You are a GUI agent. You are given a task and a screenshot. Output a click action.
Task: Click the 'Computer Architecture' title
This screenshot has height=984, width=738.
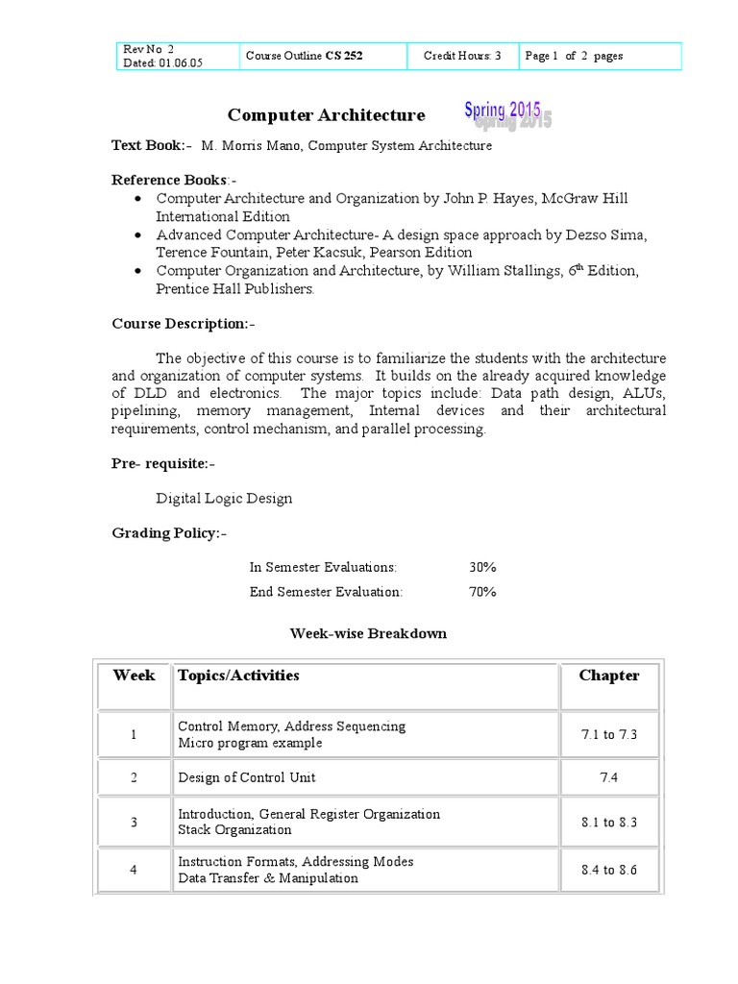click(x=326, y=115)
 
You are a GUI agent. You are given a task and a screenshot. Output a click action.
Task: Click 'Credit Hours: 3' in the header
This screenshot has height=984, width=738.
click(x=462, y=56)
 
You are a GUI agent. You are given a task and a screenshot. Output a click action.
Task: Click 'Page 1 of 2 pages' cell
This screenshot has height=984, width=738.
click(x=574, y=56)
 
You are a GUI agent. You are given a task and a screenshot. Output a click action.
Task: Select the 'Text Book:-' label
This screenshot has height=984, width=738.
click(x=151, y=145)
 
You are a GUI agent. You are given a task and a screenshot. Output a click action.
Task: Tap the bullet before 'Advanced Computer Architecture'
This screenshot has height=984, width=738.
click(x=139, y=234)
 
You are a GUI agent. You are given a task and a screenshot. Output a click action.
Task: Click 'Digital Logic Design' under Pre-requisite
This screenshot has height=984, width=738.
click(x=224, y=498)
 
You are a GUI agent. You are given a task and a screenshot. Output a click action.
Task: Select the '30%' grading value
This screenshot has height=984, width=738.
click(x=482, y=567)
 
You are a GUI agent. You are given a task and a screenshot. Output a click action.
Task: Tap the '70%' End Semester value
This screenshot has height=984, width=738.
click(x=482, y=591)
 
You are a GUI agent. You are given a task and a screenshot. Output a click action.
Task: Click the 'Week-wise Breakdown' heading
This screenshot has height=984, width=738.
click(x=368, y=633)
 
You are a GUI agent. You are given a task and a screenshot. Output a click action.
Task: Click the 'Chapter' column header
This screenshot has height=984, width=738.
click(x=608, y=676)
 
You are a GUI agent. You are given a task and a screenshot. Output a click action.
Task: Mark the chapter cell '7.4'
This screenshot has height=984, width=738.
click(x=608, y=777)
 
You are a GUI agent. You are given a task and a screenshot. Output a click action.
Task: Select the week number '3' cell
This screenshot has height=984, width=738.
click(x=134, y=822)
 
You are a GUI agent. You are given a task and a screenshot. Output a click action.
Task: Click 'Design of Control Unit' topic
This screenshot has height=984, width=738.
click(x=246, y=777)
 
